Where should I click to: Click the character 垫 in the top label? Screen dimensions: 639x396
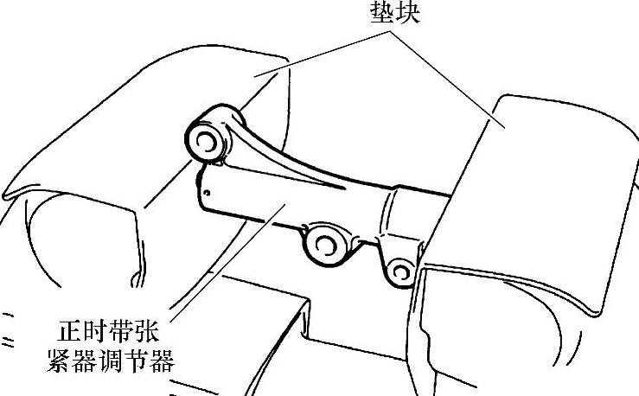(x=384, y=14)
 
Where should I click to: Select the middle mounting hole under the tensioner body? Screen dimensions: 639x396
(x=326, y=246)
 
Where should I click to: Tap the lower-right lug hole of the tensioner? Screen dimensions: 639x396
(x=399, y=271)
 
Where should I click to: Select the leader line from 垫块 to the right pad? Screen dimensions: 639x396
(x=450, y=78)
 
